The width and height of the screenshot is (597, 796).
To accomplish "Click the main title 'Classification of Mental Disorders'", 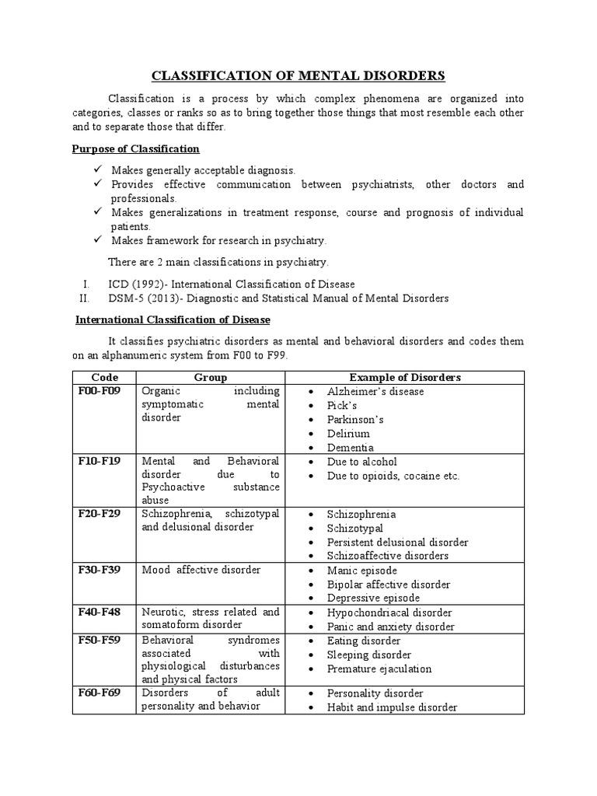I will pyautogui.click(x=298, y=75).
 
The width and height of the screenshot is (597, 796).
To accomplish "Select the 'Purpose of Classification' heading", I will pyautogui.click(x=136, y=148).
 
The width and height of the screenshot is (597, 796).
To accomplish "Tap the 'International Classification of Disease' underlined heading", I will pyautogui.click(x=172, y=319).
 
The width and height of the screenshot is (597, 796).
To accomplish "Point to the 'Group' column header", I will pyautogui.click(x=210, y=377).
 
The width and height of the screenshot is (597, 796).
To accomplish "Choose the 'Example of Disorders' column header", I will pyautogui.click(x=404, y=377).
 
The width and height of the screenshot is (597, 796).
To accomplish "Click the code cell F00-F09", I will pyautogui.click(x=99, y=391).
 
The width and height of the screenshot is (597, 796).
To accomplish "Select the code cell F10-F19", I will pyautogui.click(x=99, y=461).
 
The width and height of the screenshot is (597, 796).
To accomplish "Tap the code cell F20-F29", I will pyautogui.click(x=99, y=514).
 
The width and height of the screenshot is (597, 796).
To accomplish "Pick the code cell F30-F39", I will pyautogui.click(x=99, y=570).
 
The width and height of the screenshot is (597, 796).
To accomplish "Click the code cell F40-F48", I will pyautogui.click(x=99, y=612).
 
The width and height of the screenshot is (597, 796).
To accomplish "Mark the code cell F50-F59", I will pyautogui.click(x=99, y=640).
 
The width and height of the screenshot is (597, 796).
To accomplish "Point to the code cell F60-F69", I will pyautogui.click(x=99, y=693).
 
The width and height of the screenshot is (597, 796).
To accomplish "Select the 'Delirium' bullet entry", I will pyautogui.click(x=348, y=434).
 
